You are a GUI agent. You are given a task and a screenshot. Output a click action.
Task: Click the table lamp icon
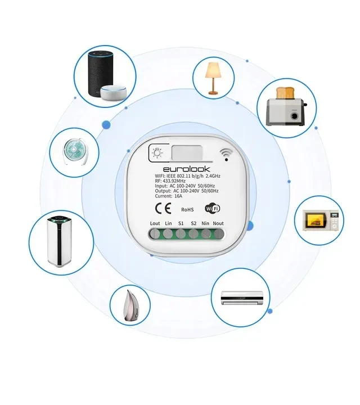(x=213, y=78)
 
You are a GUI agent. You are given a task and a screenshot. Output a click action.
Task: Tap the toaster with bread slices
(x=286, y=106)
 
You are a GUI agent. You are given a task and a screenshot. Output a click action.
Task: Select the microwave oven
(x=321, y=220)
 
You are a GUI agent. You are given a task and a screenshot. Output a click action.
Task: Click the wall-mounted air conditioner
(x=242, y=298)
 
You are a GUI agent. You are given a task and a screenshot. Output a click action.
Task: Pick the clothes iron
(x=130, y=306)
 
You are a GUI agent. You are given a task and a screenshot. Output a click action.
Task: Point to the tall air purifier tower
(x=60, y=241)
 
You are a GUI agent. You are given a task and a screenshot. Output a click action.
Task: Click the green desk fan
(x=74, y=152)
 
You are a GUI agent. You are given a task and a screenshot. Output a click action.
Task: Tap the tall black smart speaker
(x=100, y=74)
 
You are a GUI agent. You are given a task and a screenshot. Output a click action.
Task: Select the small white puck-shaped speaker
(x=114, y=92)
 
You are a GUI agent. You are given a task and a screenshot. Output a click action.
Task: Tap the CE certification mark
(x=163, y=208)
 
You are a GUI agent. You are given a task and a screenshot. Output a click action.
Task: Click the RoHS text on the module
(x=187, y=209)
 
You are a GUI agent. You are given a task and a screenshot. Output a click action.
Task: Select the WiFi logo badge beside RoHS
(x=212, y=208)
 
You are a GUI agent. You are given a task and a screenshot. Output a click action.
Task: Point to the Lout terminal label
(x=155, y=223)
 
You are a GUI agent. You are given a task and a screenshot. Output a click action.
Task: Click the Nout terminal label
(x=218, y=223)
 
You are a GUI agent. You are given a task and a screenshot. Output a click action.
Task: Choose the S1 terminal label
(x=181, y=223)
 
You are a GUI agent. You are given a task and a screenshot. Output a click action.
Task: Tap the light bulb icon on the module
(x=157, y=153)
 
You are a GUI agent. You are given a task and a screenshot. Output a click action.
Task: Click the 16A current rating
(x=178, y=196)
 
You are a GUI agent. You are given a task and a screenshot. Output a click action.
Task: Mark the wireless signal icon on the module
(x=226, y=155)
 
